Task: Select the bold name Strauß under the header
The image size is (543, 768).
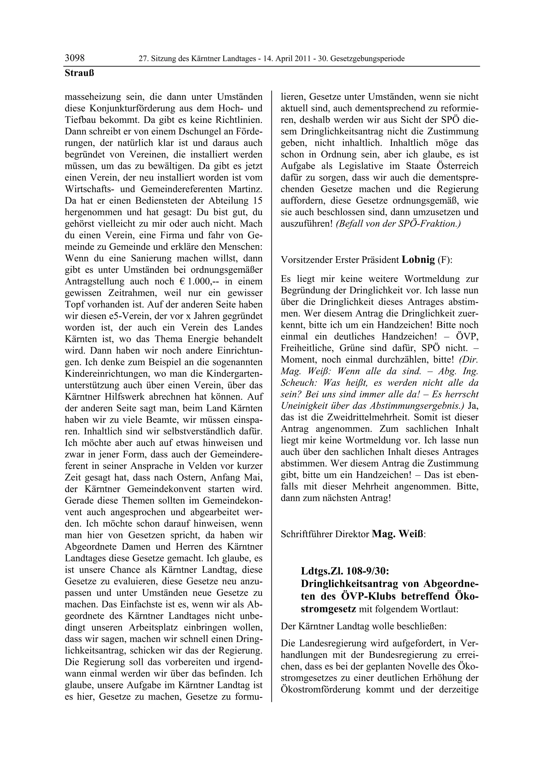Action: pos(79,73)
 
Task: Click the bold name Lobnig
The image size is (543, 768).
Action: pos(418,259)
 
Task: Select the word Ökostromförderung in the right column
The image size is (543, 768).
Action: pos(321,689)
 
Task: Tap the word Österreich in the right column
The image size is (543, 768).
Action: pos(457,166)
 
